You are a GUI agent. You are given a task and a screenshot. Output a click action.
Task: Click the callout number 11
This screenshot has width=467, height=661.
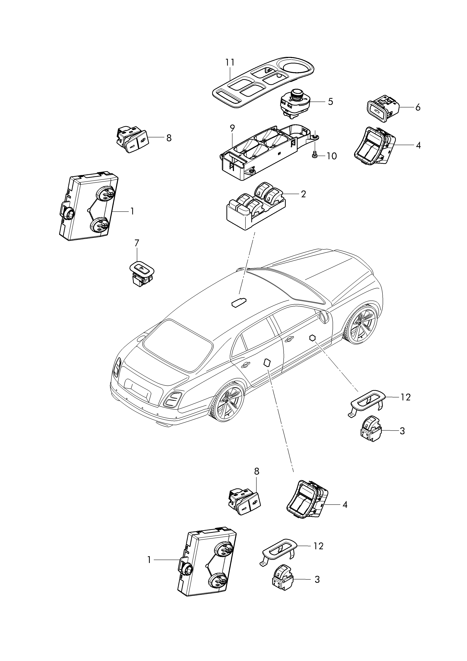tap(230, 62)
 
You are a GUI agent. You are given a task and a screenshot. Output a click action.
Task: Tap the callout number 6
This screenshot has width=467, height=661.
tap(417, 107)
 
